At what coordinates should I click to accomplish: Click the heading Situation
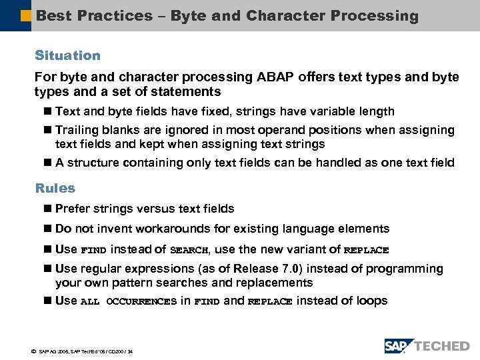[67, 56]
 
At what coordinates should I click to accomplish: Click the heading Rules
[55, 189]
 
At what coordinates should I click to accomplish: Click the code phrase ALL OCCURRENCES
[129, 302]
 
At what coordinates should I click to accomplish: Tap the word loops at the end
[372, 301]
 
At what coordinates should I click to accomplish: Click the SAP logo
[399, 346]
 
